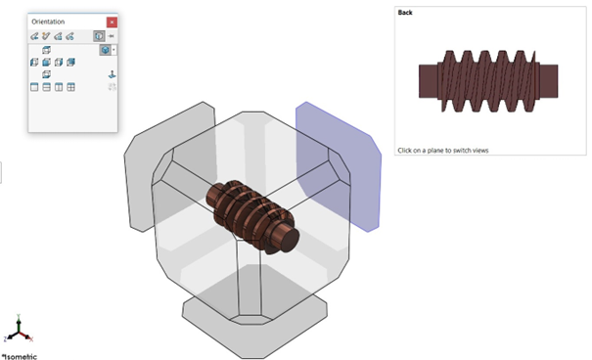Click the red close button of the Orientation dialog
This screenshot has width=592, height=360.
coord(112,22)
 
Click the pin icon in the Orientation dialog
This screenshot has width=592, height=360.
coord(112,36)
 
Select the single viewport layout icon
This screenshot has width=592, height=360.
coord(35,87)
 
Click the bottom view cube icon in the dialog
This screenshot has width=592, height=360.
coord(47,74)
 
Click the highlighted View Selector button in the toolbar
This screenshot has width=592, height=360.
coord(99,36)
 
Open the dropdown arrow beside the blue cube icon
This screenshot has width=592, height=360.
coord(114,49)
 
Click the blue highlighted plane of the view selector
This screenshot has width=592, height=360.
coord(337,166)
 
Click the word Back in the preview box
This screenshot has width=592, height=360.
coord(405,13)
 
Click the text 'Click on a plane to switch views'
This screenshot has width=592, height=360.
coord(442,151)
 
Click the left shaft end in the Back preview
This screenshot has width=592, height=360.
coord(430,79)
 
